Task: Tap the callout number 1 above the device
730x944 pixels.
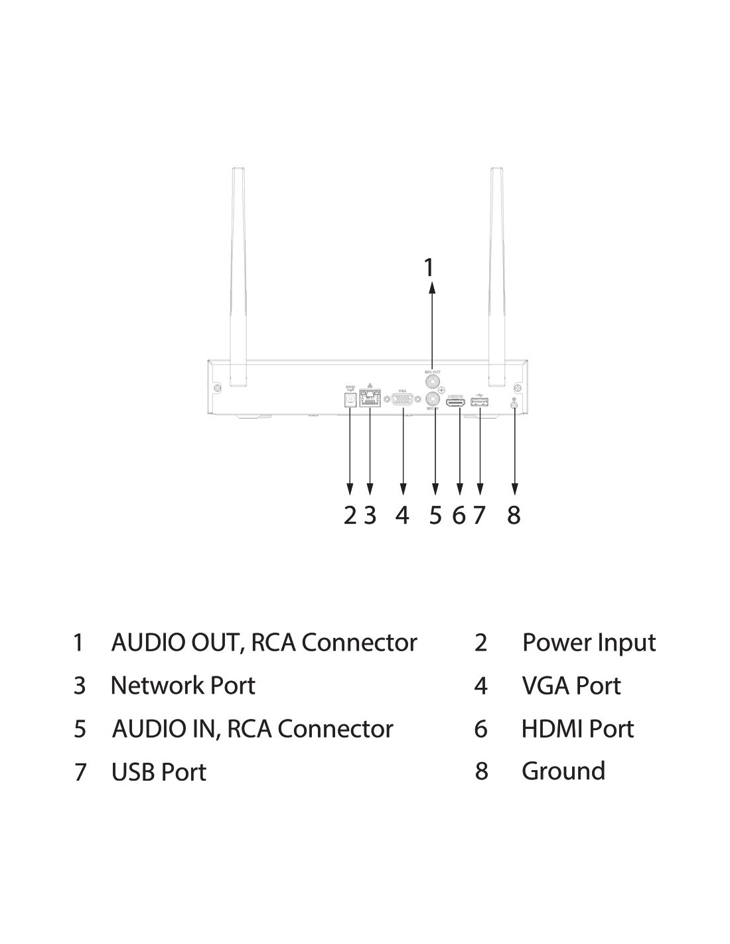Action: (x=429, y=268)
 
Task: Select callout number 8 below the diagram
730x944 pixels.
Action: (x=514, y=514)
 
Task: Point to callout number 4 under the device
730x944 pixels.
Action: (x=402, y=514)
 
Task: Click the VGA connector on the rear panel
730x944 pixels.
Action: (x=402, y=400)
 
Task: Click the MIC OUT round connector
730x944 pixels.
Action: (x=433, y=382)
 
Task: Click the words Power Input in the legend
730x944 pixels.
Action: (x=589, y=643)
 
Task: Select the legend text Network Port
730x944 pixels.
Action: (x=183, y=686)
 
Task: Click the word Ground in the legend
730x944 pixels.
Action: (x=563, y=771)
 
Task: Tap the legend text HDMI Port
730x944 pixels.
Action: (x=577, y=729)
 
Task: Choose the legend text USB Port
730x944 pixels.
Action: (x=159, y=772)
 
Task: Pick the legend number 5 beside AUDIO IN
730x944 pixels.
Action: (x=80, y=729)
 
